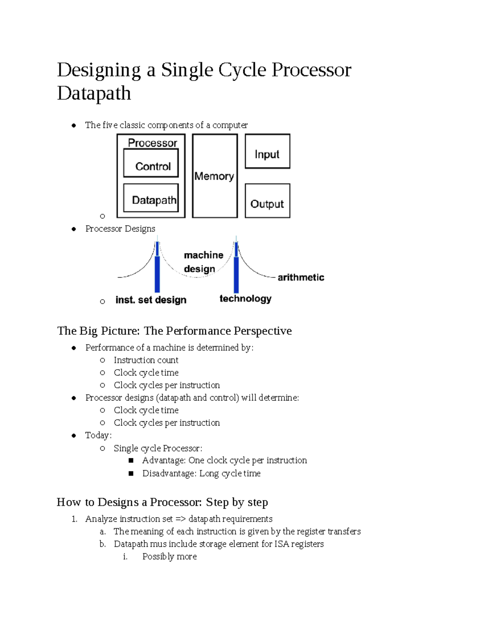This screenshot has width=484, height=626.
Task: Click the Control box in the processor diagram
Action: [x=151, y=163]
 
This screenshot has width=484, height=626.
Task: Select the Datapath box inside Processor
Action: [x=151, y=198]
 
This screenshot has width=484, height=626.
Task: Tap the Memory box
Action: [x=215, y=176]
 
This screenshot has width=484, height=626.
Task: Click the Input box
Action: [x=267, y=152]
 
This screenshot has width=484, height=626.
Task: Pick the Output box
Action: [x=267, y=201]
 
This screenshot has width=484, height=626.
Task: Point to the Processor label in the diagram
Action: [x=152, y=143]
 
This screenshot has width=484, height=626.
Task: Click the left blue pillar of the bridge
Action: [x=157, y=268]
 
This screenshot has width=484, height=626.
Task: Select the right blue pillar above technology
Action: [x=236, y=268]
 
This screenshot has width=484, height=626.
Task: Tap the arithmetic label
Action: [x=301, y=277]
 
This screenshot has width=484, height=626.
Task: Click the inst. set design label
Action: [x=151, y=300]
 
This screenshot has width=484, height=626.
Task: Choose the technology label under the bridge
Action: [x=245, y=299]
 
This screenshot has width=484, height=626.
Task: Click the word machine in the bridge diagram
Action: [x=204, y=255]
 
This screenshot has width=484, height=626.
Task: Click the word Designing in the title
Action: [x=99, y=70]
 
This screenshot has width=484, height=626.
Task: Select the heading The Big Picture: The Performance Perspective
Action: [x=174, y=331]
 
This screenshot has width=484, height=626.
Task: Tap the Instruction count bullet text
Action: [x=146, y=360]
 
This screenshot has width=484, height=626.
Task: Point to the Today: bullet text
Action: [x=98, y=435]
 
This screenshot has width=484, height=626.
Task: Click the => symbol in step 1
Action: [x=181, y=519]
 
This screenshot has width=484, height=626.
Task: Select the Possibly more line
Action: [x=169, y=557]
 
